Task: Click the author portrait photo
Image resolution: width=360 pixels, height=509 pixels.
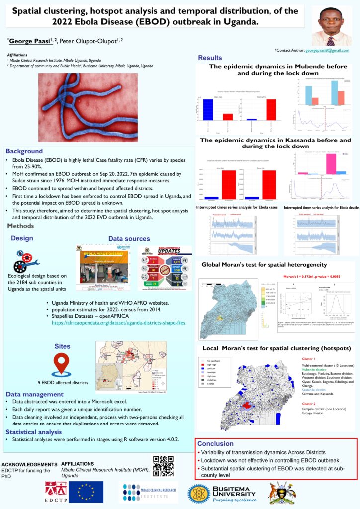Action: pos(330,26)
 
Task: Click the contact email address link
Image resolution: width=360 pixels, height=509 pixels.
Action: pos(327,51)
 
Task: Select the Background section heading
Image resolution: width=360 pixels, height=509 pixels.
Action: pos(24,151)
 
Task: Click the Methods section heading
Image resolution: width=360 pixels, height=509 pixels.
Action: pos(21,226)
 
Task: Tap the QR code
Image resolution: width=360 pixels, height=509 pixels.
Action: pos(163,465)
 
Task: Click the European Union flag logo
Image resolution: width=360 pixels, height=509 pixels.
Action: pos(86,491)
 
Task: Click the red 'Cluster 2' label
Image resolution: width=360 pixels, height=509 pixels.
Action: pos(309,404)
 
